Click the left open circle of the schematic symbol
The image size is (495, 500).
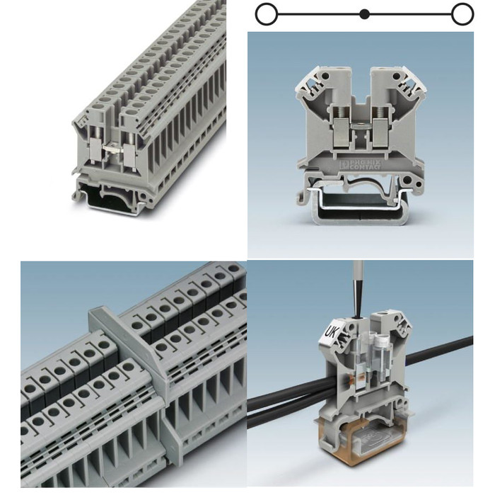[266, 13]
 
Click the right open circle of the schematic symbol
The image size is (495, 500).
[462, 13]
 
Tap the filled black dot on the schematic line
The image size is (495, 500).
[364, 13]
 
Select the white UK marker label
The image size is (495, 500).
[332, 331]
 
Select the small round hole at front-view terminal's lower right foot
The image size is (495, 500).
[417, 186]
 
